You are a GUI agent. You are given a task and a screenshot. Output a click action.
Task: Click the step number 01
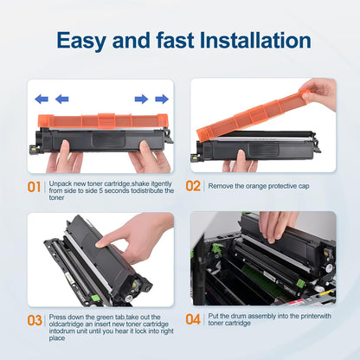(34, 186)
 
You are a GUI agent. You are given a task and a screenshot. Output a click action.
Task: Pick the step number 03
(34, 320)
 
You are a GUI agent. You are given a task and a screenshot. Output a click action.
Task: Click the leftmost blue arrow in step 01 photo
(41, 99)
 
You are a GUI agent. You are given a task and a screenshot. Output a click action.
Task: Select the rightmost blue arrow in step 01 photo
(162, 99)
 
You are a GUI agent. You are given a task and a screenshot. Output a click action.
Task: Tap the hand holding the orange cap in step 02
(320, 91)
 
